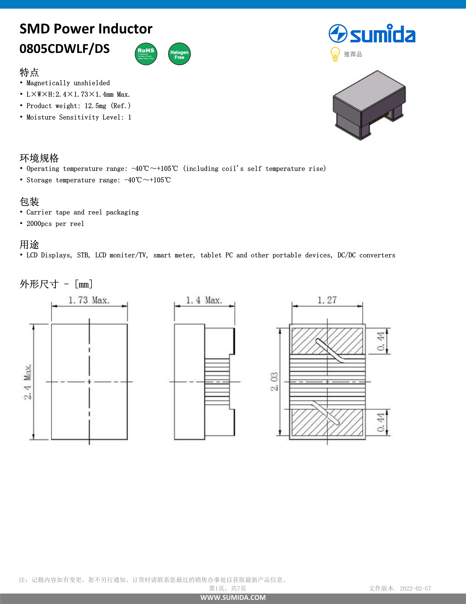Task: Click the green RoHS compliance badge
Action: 146,54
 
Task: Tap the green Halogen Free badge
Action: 179,54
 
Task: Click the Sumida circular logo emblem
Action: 338,33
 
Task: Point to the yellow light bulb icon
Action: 335,54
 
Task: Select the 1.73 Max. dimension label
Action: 89,300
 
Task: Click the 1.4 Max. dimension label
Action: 204,300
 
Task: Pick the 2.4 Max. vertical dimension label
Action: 28,382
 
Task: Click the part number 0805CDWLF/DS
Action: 65,49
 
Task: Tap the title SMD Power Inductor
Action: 86,29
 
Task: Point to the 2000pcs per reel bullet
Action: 55,224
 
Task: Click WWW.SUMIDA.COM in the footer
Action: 233,597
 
